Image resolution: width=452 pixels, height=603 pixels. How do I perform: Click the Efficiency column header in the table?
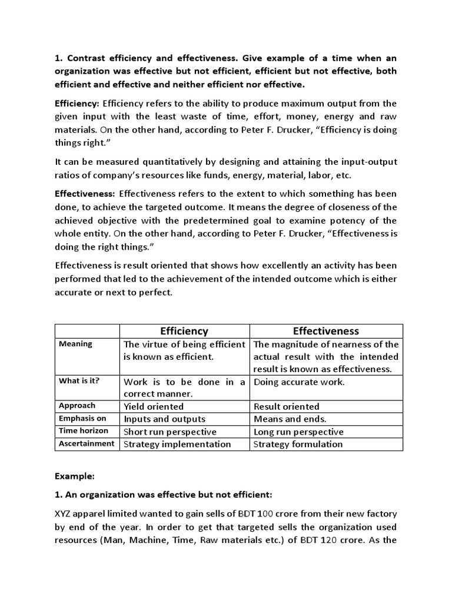click(x=185, y=331)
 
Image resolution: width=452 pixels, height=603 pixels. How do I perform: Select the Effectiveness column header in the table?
click(x=326, y=331)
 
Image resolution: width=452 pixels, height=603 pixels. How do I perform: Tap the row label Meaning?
click(x=76, y=344)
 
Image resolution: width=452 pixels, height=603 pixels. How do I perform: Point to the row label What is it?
click(x=79, y=380)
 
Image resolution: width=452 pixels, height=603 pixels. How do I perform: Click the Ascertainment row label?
click(x=87, y=443)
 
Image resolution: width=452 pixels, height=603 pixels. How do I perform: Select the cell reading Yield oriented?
click(x=154, y=406)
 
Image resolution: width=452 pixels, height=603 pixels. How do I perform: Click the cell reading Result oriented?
click(x=286, y=406)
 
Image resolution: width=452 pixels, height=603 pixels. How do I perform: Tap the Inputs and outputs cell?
click(x=164, y=419)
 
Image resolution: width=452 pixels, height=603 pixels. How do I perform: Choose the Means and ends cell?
click(x=290, y=419)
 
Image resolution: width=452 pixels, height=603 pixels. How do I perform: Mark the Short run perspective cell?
click(x=170, y=432)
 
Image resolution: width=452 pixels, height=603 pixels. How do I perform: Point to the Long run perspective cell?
click(x=298, y=432)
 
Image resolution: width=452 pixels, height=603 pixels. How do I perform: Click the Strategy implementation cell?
click(x=177, y=444)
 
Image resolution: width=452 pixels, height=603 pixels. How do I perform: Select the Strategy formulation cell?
click(x=298, y=444)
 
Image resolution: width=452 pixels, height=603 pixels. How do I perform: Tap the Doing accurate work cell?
click(x=299, y=382)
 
